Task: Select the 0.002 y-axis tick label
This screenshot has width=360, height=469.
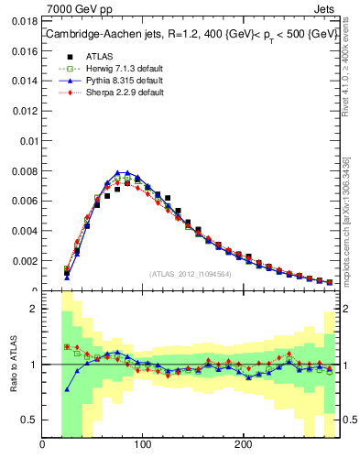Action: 25,261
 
